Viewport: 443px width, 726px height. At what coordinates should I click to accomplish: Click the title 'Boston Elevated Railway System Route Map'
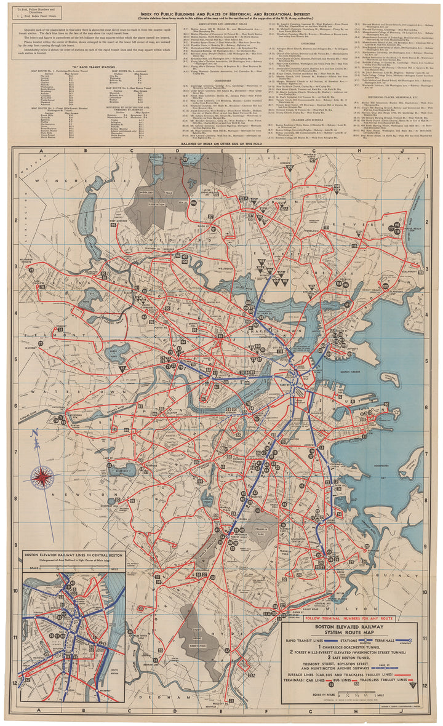tap(349, 630)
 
